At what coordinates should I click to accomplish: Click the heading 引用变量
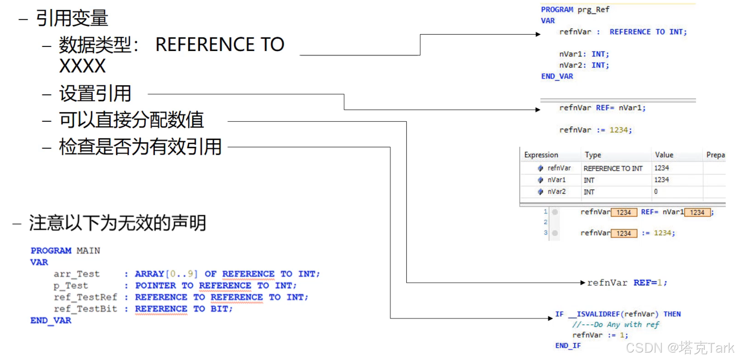click(72, 18)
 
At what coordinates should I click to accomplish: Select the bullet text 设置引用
click(95, 94)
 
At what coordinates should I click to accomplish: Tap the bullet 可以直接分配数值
click(131, 120)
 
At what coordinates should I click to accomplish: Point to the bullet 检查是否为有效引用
click(140, 147)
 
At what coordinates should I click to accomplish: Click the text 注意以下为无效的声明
click(117, 223)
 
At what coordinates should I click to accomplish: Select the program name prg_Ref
click(593, 9)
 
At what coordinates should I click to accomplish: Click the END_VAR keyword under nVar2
click(557, 76)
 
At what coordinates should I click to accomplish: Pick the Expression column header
click(541, 155)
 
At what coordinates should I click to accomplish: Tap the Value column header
click(664, 155)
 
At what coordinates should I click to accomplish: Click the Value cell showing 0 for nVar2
click(656, 192)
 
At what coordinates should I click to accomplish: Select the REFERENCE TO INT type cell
click(613, 168)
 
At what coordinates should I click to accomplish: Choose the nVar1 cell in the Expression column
click(557, 180)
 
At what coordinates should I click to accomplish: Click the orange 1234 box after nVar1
click(697, 212)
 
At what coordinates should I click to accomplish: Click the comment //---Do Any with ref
click(615, 325)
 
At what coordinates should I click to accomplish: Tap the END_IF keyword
click(568, 346)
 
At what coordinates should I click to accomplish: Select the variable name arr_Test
click(77, 274)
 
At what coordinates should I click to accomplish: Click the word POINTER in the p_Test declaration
click(156, 286)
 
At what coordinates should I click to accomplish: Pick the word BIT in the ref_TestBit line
click(221, 309)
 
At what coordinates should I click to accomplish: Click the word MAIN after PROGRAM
click(88, 251)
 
